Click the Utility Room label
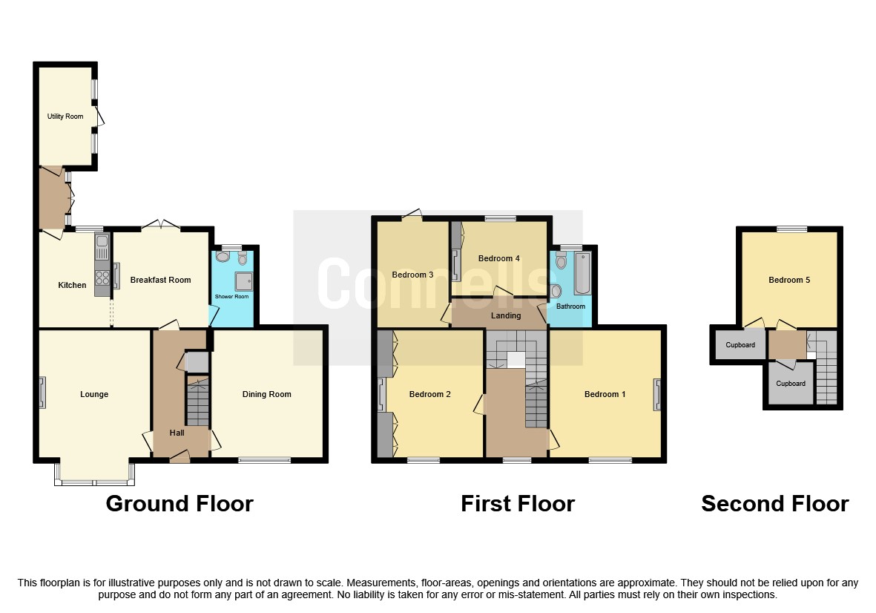point(65,117)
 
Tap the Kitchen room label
point(72,285)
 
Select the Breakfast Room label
point(160,280)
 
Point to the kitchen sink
point(102,243)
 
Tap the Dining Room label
point(266,394)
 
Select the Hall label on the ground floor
point(177,433)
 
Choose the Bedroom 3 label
point(412,275)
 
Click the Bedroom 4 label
point(498,258)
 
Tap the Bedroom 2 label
point(430,394)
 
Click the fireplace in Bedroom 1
point(656,394)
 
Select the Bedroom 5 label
point(789,280)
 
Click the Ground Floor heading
point(180,504)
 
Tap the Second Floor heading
point(774,504)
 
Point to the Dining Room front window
point(265,460)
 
